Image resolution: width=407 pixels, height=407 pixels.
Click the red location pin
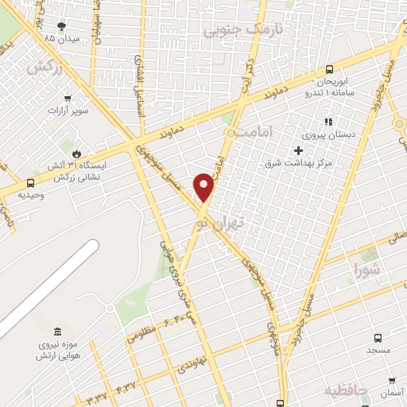click(204, 186)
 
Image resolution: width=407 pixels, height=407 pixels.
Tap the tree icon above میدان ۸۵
click(62, 25)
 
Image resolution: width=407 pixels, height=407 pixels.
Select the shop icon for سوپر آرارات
click(69, 99)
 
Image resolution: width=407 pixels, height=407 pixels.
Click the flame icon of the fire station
click(76, 153)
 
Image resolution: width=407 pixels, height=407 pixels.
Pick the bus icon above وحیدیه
click(30, 182)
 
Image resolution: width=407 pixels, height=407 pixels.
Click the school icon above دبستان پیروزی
click(327, 122)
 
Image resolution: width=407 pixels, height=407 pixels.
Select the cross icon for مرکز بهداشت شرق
click(298, 150)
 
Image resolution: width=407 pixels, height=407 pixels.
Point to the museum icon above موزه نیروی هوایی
click(56, 331)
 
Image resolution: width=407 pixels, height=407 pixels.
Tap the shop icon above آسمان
click(390, 380)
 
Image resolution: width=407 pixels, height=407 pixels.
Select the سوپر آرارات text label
click(68, 111)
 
